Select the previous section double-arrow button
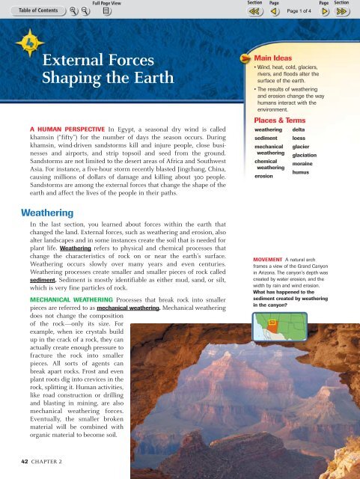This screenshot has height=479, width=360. point(254,12)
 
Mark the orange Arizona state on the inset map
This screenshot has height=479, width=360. point(272,323)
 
